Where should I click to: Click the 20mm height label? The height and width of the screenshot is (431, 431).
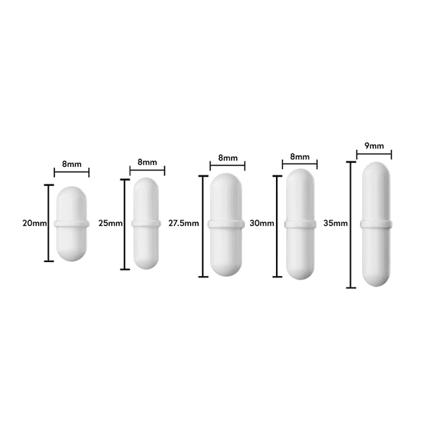(35, 223)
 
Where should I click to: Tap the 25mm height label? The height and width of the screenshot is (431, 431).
(111, 223)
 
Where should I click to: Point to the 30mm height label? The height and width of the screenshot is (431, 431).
(261, 223)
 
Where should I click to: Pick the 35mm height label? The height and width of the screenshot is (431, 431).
(336, 223)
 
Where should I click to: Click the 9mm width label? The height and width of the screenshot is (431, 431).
(375, 146)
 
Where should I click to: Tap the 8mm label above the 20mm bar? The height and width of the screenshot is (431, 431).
(72, 164)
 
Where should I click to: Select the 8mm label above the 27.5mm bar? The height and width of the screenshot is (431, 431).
(227, 158)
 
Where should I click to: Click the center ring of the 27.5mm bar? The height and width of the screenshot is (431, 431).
(227, 223)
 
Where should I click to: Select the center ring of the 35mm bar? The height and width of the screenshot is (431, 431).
(375, 225)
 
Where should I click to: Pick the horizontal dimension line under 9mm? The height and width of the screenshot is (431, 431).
(375, 155)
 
